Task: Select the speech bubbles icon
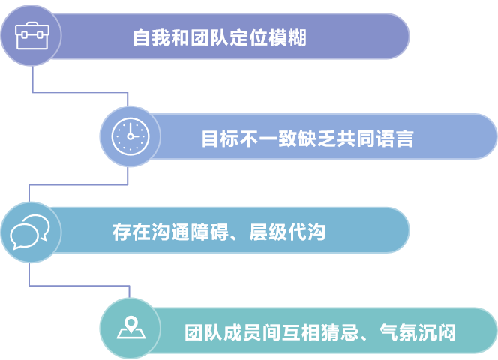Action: click(29, 232)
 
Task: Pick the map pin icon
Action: click(130, 328)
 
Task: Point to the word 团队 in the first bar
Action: click(202, 38)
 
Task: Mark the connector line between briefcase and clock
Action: click(79, 92)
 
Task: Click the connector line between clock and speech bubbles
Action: click(78, 183)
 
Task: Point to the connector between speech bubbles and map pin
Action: click(79, 286)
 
